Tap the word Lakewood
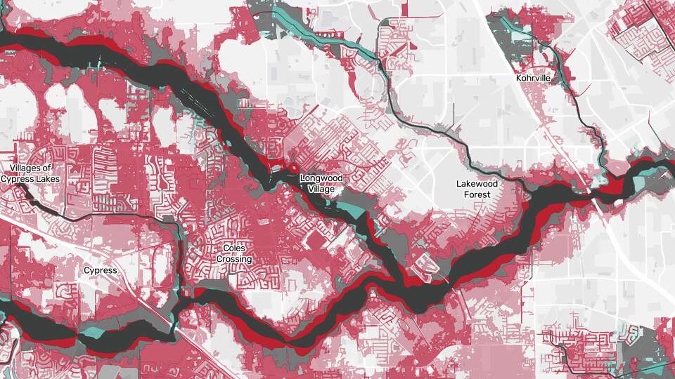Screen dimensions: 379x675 tap(477, 184)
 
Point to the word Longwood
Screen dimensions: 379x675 tap(321, 178)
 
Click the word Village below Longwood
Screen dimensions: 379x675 tap(321, 189)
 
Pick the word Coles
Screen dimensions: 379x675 tap(237, 248)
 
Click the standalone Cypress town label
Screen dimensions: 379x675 tap(100, 270)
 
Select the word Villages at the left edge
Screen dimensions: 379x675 tap(31, 168)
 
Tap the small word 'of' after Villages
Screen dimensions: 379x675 tap(48, 169)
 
